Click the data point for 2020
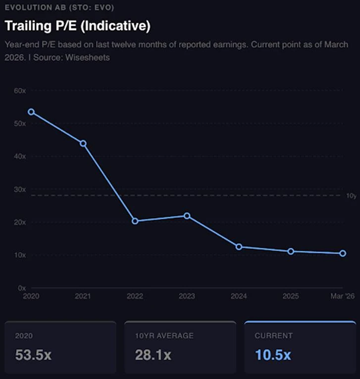(x=31, y=112)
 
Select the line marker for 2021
(x=83, y=143)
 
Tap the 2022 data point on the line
(x=135, y=221)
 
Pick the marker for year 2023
(x=187, y=216)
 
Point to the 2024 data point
(x=239, y=246)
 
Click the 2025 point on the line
(x=291, y=251)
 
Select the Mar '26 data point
(x=343, y=253)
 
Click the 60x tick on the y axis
(x=20, y=91)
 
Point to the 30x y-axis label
(x=20, y=189)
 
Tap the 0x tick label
(x=21, y=288)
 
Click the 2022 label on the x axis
(x=135, y=296)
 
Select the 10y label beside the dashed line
(x=351, y=196)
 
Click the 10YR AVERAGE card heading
(x=164, y=335)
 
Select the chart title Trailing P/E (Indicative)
(x=77, y=25)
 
